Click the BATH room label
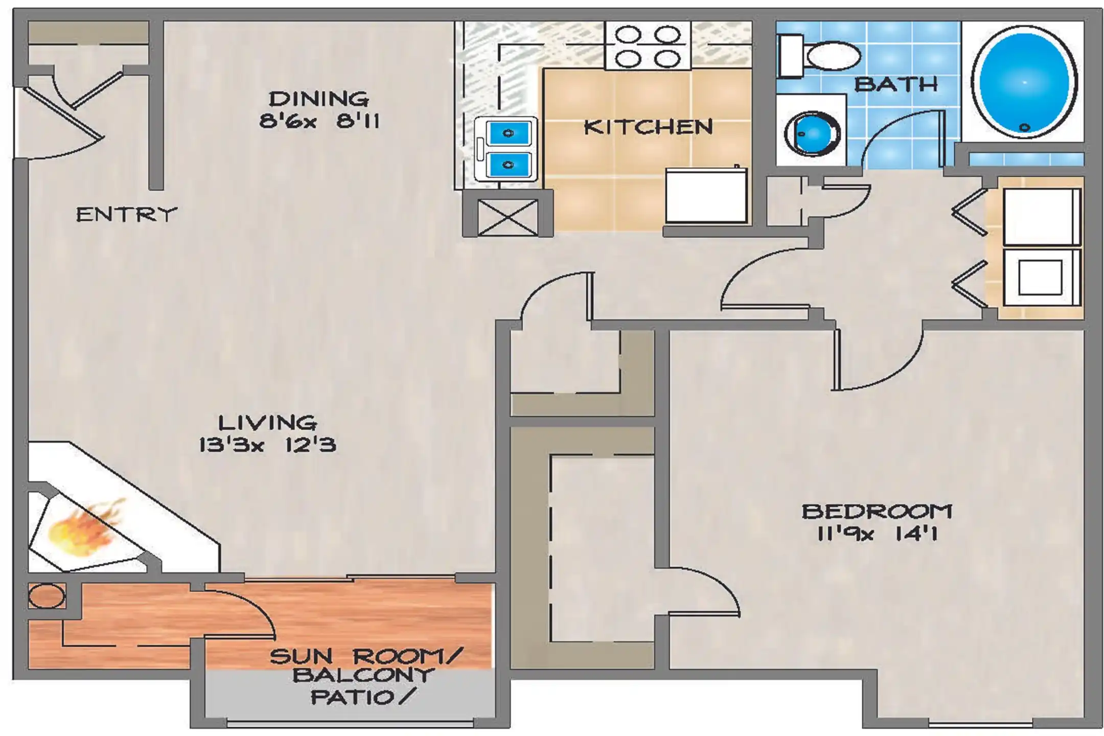click(896, 84)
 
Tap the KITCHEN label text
click(648, 127)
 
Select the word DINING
click(318, 99)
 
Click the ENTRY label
click(126, 215)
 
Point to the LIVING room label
click(267, 423)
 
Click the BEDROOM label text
click(877, 512)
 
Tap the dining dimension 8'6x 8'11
click(319, 122)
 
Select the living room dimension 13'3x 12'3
click(267, 445)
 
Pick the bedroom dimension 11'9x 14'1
click(877, 534)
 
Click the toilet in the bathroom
click(819, 56)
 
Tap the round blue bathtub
click(1024, 82)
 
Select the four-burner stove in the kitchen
click(648, 45)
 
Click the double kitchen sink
click(505, 149)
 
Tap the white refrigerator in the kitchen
click(706, 195)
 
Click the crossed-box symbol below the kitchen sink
click(508, 218)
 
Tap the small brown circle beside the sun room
click(47, 596)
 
